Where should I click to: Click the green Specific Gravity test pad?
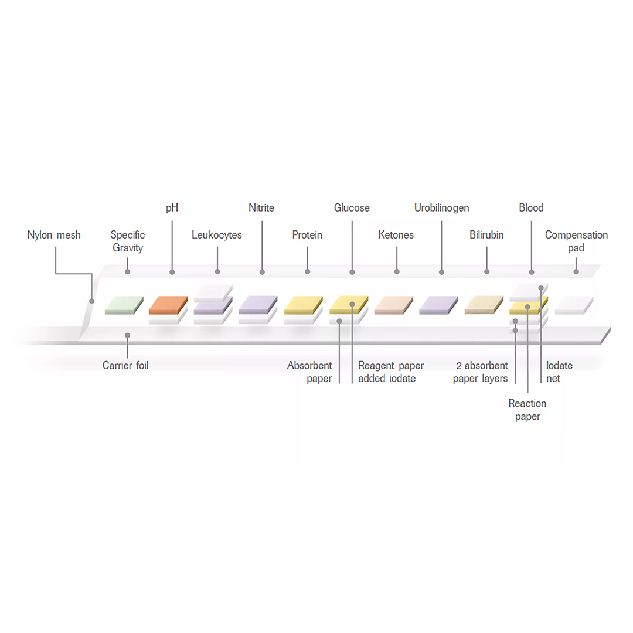click(x=124, y=304)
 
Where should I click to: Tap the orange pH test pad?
click(x=169, y=304)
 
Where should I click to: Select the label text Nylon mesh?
click(x=54, y=235)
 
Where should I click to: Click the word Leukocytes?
click(x=217, y=235)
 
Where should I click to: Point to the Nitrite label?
click(x=261, y=208)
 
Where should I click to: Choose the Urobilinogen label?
click(x=441, y=208)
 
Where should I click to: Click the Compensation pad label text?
click(x=576, y=241)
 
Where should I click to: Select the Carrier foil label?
click(x=125, y=366)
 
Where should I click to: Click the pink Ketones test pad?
click(x=394, y=304)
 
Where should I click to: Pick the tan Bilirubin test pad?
click(x=484, y=304)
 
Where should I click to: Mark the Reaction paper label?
click(x=527, y=410)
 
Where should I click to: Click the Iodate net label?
click(x=559, y=372)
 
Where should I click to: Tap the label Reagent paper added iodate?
click(x=391, y=372)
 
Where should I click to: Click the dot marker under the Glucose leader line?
click(x=352, y=272)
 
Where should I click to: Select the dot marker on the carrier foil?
click(x=127, y=335)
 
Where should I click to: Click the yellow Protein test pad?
click(x=304, y=304)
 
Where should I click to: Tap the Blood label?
click(x=531, y=208)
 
